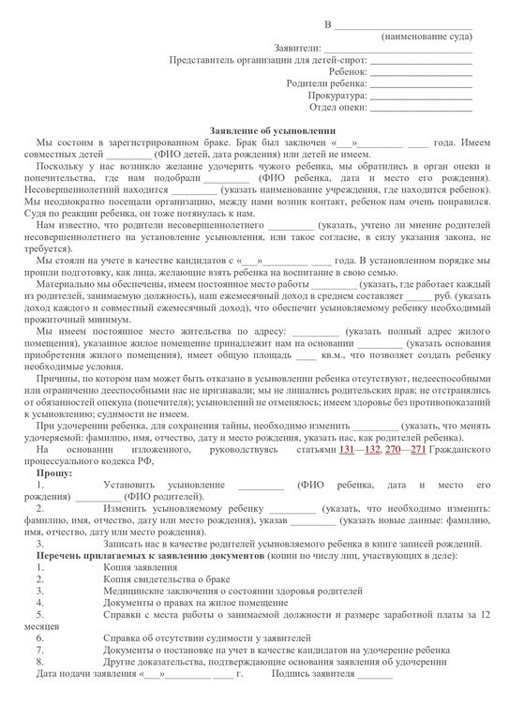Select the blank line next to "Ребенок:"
[x=421, y=70]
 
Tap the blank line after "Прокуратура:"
[x=421, y=95]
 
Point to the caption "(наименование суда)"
[x=427, y=34]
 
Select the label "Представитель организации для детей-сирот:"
[x=267, y=58]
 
